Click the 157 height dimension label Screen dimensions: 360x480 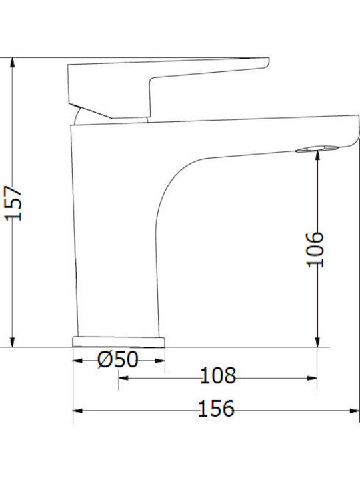(x=13, y=203)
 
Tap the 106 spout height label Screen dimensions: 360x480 (x=315, y=249)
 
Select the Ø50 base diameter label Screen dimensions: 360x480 (x=118, y=359)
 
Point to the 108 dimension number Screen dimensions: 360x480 (x=218, y=375)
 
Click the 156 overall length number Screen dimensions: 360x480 (x=217, y=409)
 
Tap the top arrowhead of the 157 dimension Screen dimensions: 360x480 (x=12, y=62)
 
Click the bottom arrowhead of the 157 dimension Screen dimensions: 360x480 (x=12, y=342)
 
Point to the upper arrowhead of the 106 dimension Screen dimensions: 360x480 (x=317, y=155)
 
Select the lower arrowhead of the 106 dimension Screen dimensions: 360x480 (x=317, y=342)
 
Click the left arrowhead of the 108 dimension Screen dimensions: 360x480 (x=123, y=378)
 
